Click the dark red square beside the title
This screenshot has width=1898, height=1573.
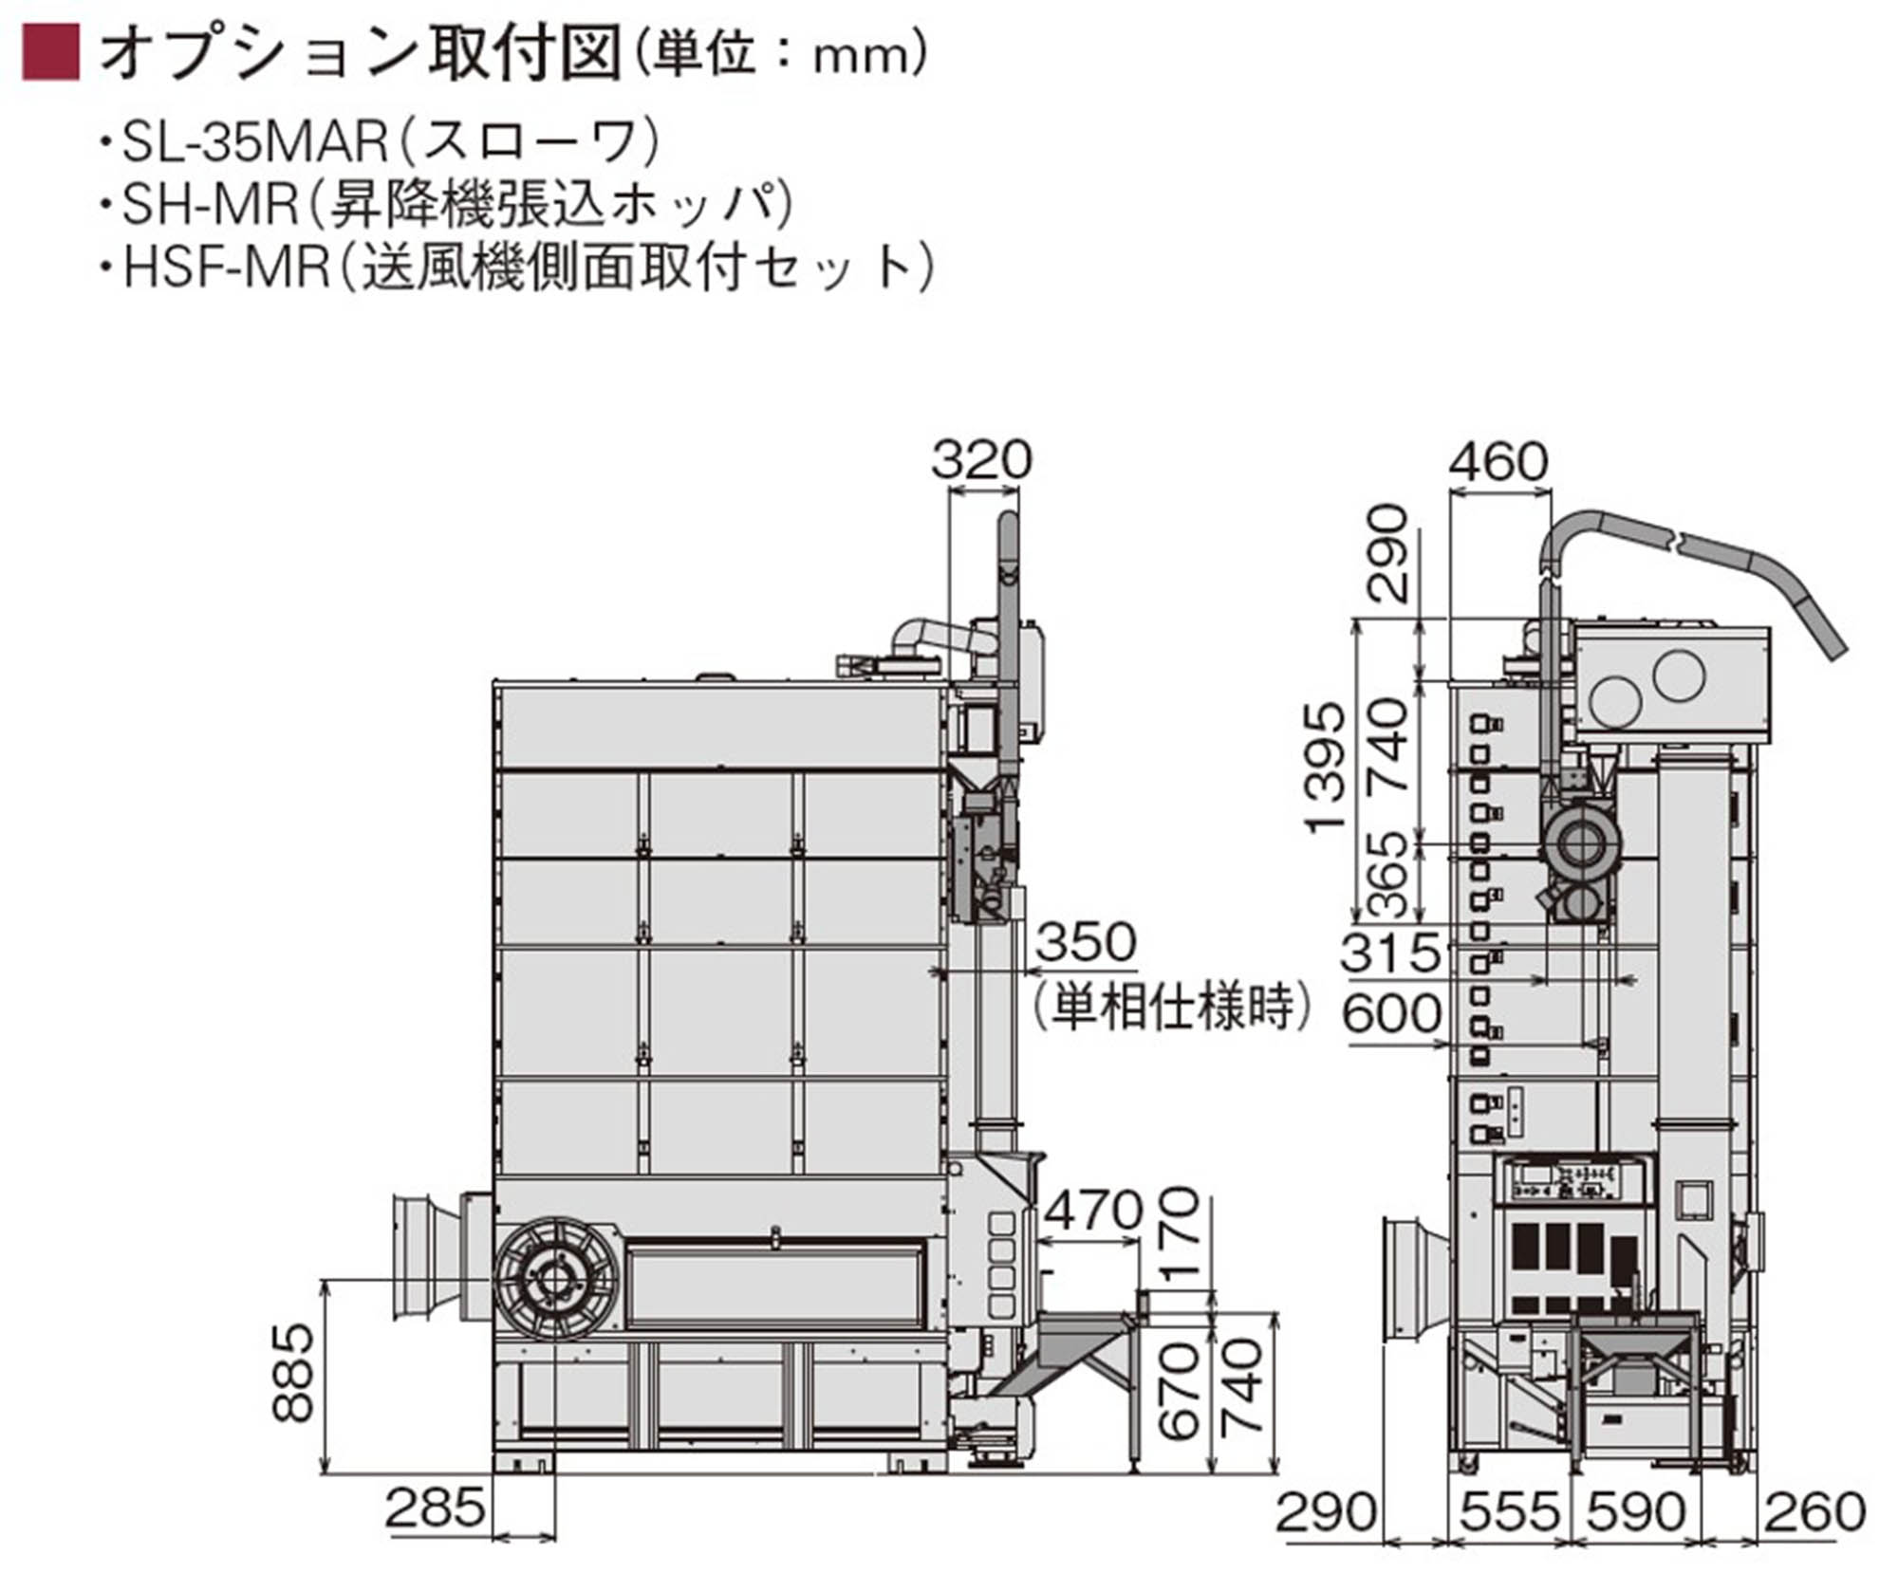tap(51, 52)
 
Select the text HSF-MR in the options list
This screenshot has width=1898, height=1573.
tap(226, 268)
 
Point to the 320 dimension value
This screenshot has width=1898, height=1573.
tap(980, 461)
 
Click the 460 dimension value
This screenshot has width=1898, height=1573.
tap(1498, 463)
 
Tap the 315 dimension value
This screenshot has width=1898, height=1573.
tap(1390, 952)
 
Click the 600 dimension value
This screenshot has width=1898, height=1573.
tap(1391, 1013)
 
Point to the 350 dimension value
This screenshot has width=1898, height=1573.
tap(1086, 942)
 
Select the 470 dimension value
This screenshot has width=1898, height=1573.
tap(1093, 1211)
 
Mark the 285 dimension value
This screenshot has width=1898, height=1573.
tap(436, 1507)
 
